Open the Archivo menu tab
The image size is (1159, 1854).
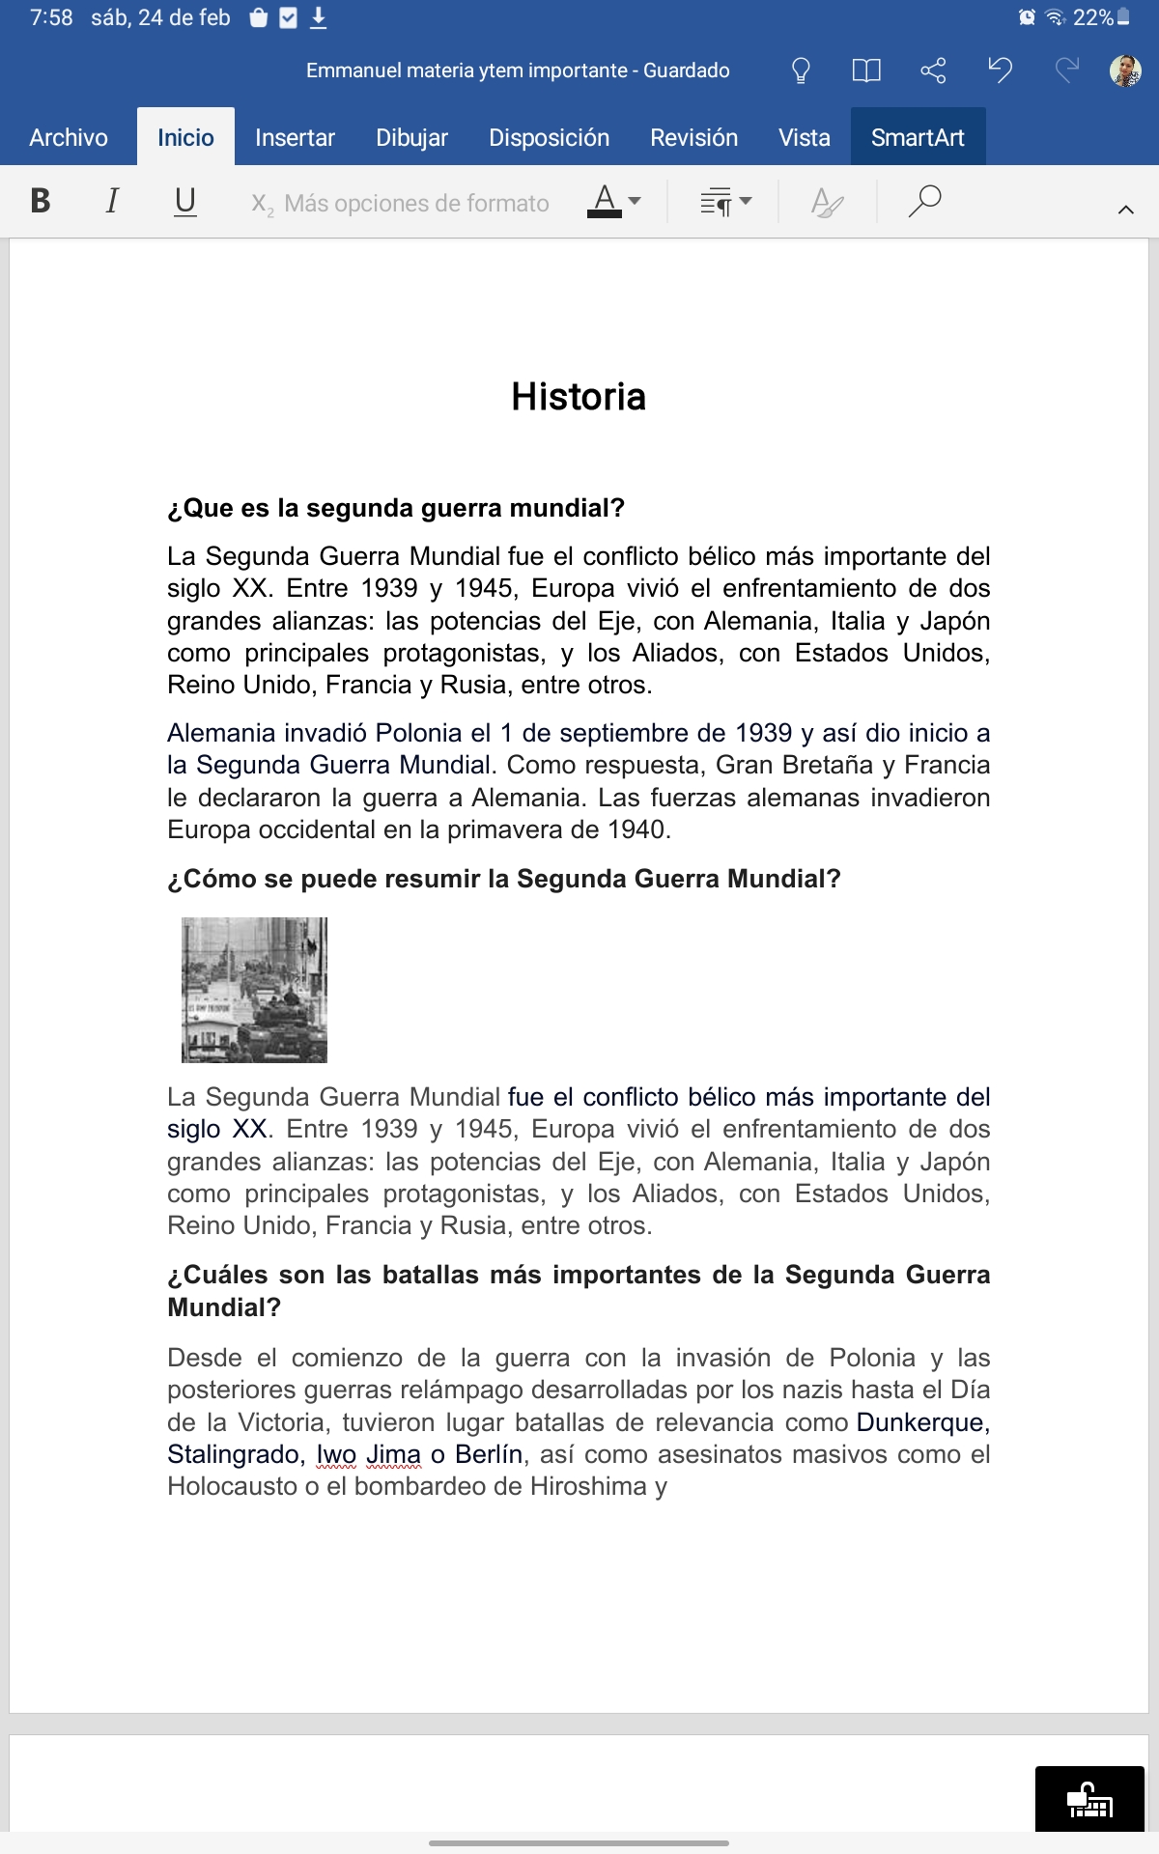69,138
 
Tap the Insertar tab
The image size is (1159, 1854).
295,138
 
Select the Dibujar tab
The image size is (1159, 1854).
411,138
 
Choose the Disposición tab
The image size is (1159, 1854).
549,138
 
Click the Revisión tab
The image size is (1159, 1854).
693,138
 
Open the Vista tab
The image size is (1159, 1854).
804,138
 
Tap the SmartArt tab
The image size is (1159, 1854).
918,138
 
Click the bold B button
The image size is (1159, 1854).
41,201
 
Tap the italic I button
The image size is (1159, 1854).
112,201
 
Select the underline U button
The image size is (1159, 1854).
184,201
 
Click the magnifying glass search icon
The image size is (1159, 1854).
924,201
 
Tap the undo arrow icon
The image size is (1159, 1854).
1000,70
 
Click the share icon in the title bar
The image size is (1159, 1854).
933,70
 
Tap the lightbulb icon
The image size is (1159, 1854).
800,70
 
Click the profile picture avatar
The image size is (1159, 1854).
1125,70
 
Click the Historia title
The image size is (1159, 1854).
579,397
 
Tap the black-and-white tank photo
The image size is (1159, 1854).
255,990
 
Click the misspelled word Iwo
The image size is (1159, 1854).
336,1454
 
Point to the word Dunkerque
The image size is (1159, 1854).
919,1422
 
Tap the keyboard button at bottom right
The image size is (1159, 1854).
1089,1799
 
